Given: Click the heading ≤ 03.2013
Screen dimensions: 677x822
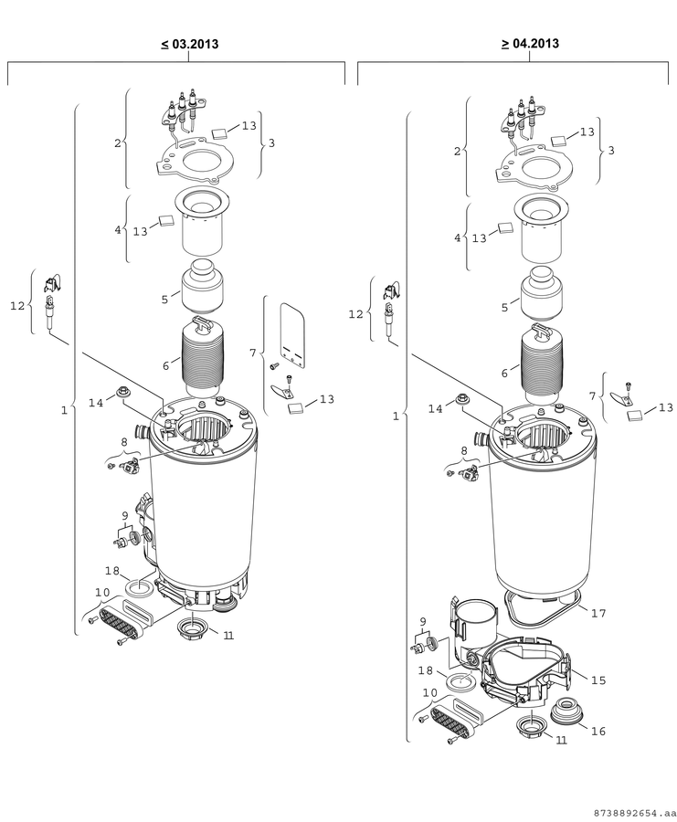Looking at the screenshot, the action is (x=190, y=44).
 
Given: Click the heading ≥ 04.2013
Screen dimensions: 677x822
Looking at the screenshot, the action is (x=530, y=43).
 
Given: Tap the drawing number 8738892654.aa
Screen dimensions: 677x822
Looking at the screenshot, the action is (x=632, y=813).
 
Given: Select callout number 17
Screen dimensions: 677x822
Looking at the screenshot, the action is (x=598, y=613).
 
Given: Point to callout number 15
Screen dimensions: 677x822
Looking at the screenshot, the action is (x=598, y=680).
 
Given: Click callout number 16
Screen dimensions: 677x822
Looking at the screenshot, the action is (x=598, y=732).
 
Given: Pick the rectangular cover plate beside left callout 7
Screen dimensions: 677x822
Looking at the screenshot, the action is (x=292, y=333).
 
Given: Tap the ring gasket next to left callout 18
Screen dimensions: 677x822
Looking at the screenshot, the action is (x=141, y=587).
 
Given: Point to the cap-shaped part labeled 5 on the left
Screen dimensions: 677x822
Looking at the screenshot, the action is (x=203, y=288).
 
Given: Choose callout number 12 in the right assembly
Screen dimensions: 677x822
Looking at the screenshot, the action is (x=355, y=314).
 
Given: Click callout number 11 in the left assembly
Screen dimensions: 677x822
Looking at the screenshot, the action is (x=228, y=636).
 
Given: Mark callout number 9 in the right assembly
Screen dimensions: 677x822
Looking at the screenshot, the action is (x=423, y=622).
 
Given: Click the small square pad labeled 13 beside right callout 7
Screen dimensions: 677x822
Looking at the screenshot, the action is (x=635, y=416).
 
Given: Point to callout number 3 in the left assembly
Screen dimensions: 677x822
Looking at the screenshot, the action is (x=271, y=142).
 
